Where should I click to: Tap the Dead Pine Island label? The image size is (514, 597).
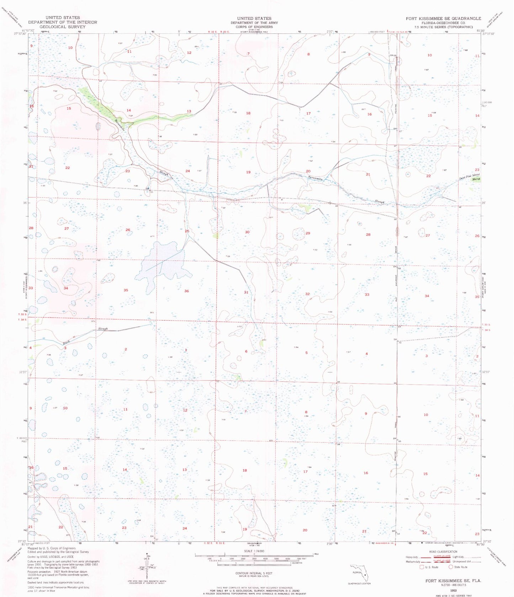pyautogui.click(x=469, y=176)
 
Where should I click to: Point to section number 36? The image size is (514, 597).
pyautogui.click(x=186, y=291)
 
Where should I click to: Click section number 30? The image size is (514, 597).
pyautogui.click(x=247, y=232)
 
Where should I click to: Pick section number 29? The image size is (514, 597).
pyautogui.click(x=308, y=233)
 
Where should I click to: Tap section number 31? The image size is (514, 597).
pyautogui.click(x=246, y=292)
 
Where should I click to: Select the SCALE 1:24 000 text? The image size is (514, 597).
pyautogui.click(x=254, y=551)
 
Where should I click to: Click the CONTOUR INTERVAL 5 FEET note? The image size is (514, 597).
pyautogui.click(x=254, y=573)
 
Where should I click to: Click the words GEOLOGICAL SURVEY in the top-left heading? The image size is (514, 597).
pyautogui.click(x=63, y=27)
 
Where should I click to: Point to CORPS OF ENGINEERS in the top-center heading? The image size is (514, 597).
pyautogui.click(x=254, y=27)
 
